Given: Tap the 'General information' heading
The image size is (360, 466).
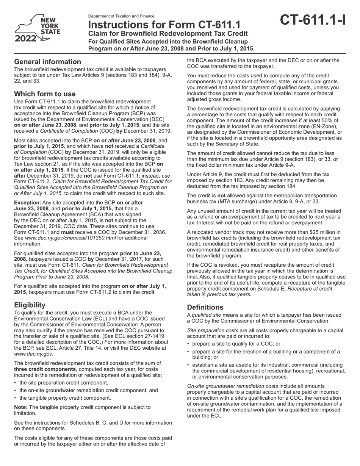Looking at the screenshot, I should click(47, 62).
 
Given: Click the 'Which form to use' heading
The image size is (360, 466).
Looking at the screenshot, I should click(45, 94).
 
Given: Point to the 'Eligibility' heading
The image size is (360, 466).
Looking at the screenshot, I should click(30, 305).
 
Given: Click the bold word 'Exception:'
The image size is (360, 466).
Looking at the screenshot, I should click(28, 203).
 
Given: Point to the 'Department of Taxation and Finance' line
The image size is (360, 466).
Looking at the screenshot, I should click(121, 16).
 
